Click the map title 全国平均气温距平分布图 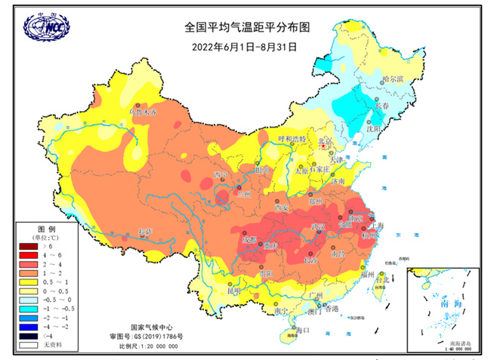[x=248, y=27]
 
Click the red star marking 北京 [x=325, y=147]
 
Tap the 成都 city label [x=249, y=239]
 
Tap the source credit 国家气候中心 [x=148, y=319]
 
